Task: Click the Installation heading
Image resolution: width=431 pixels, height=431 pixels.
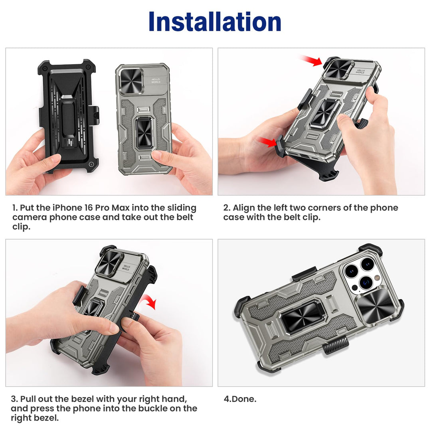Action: pyautogui.click(x=215, y=22)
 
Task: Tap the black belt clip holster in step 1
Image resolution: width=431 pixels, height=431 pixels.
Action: pyautogui.click(x=69, y=115)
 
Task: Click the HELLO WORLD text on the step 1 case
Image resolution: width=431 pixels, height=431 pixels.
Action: pyautogui.click(x=156, y=81)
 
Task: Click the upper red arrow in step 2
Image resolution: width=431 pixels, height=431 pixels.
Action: pyautogui.click(x=311, y=61)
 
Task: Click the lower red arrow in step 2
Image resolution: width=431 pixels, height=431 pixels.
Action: pyautogui.click(x=267, y=142)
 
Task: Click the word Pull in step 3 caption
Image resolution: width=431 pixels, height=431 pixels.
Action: pyautogui.click(x=28, y=399)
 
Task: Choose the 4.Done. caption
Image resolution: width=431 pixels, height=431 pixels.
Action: pyautogui.click(x=240, y=399)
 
